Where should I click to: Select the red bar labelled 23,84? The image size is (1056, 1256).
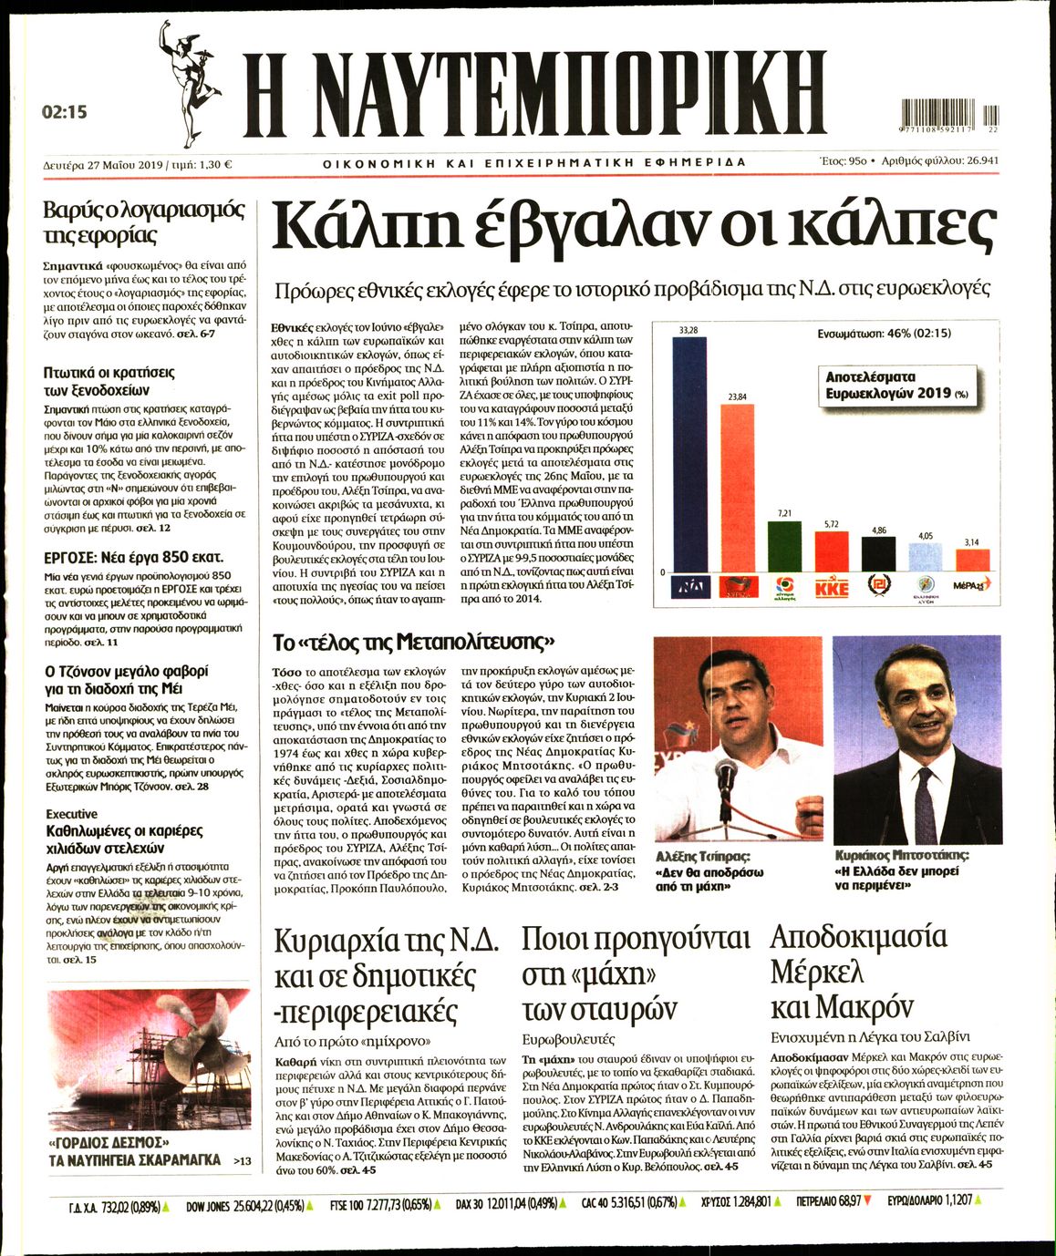pyautogui.click(x=743, y=488)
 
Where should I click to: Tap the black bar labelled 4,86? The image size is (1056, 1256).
pyautogui.click(x=878, y=554)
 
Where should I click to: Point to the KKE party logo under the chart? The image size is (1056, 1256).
pyautogui.click(x=831, y=588)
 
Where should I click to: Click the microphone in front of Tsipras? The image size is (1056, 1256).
pyautogui.click(x=726, y=775)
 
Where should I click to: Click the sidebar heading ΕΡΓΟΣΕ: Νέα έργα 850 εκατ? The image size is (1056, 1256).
pyautogui.click(x=134, y=557)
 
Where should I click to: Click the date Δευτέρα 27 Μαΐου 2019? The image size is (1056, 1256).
pyautogui.click(x=102, y=165)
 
